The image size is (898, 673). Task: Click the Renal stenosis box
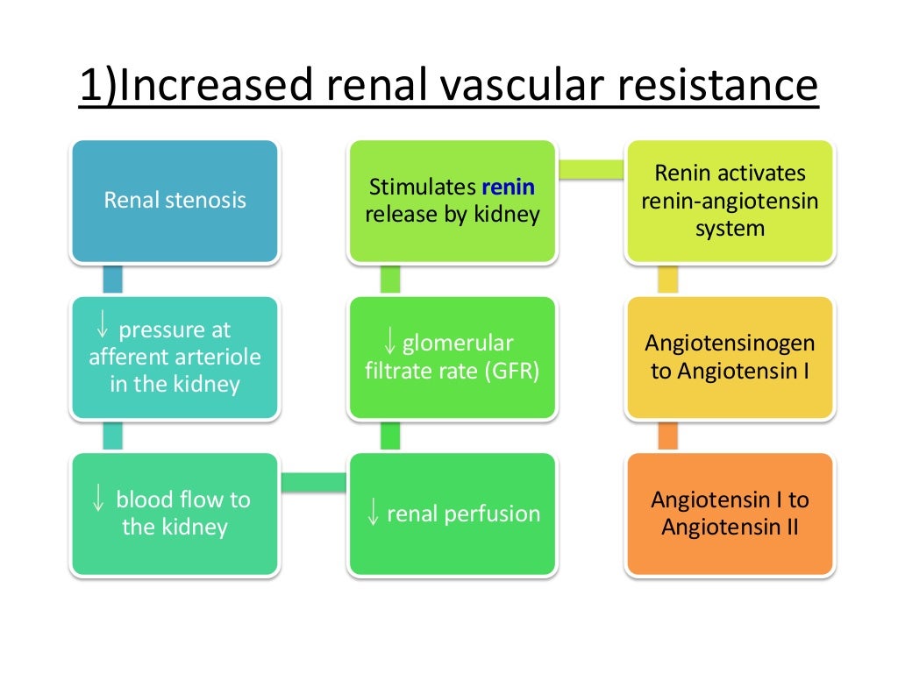(x=175, y=201)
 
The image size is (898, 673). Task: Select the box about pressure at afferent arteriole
(x=175, y=357)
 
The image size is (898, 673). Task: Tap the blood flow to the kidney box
(x=175, y=513)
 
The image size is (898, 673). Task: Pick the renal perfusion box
(x=452, y=514)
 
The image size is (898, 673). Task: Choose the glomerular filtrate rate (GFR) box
(x=452, y=357)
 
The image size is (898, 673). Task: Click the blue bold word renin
(x=509, y=187)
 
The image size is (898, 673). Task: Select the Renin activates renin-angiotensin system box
(x=729, y=201)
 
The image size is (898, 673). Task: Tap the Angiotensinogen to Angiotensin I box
(x=729, y=357)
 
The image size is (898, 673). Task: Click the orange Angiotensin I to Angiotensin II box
(x=729, y=513)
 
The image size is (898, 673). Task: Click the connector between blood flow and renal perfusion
(x=313, y=481)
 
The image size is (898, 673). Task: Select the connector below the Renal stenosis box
(x=112, y=280)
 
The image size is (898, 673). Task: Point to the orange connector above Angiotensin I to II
(x=667, y=436)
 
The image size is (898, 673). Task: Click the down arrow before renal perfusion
(x=373, y=514)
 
